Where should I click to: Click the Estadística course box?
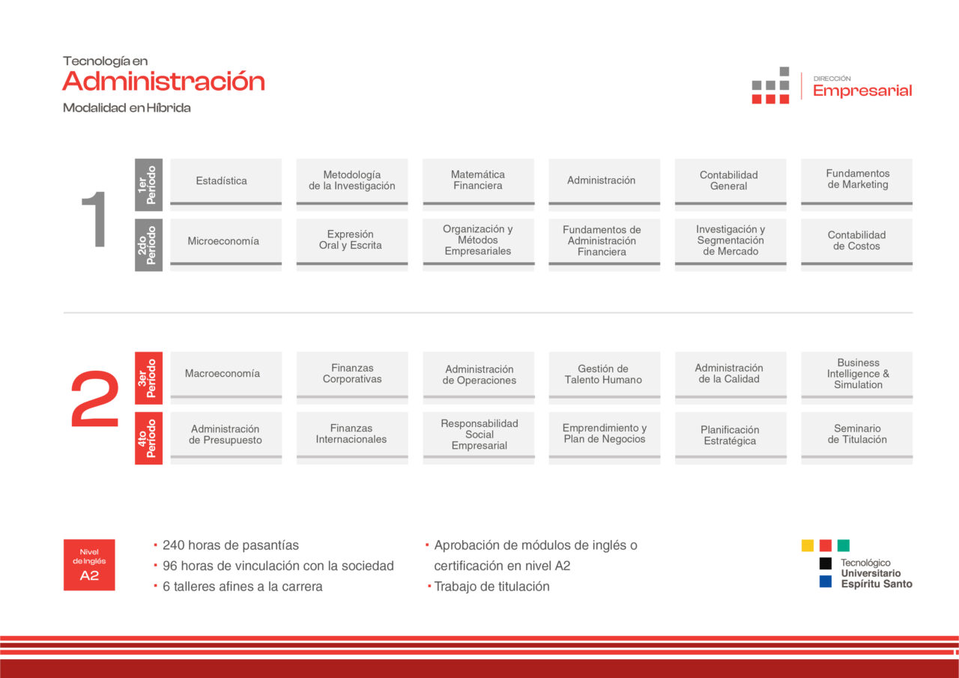coord(226,184)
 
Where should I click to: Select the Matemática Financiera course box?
coord(478,184)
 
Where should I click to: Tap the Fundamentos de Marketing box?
coord(856,184)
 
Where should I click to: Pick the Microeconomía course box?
coord(226,245)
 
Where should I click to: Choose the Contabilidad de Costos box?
coord(856,245)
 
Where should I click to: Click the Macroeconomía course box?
coord(226,378)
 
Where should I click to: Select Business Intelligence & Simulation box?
coord(856,378)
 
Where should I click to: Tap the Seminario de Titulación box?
coord(856,438)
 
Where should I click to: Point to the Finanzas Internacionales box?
coord(352,438)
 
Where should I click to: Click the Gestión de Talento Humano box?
coord(605,378)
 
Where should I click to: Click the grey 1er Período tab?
coord(148,185)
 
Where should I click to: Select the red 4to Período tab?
coord(148,438)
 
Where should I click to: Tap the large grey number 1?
coord(95,219)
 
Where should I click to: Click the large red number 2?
coord(94,399)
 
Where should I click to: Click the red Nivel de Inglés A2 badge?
coord(89,565)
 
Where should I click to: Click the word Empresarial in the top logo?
coord(862,91)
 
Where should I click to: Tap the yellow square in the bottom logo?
coord(808,545)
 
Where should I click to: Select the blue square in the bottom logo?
coord(826,581)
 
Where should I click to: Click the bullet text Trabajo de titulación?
coord(491,587)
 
